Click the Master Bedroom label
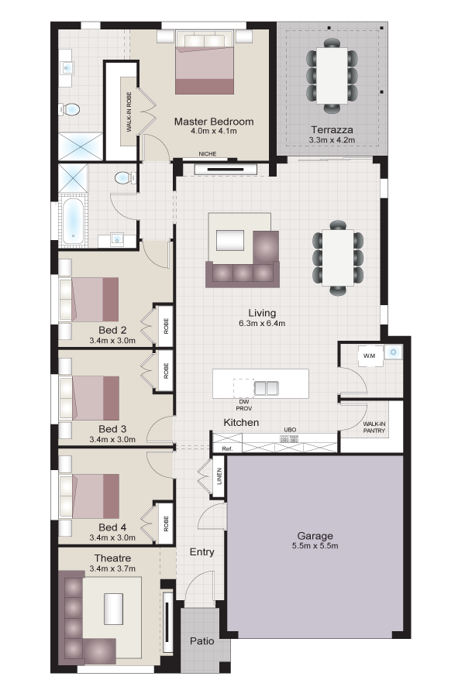tap(214, 122)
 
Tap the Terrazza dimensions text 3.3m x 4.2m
tap(332, 140)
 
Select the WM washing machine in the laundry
tap(370, 355)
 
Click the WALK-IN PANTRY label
tap(374, 427)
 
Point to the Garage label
tap(315, 536)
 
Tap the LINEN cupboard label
tap(219, 476)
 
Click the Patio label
tap(202, 641)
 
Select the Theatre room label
tap(112, 558)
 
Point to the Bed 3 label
tap(112, 429)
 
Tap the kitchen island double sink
tap(266, 388)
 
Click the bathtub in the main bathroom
tap(71, 221)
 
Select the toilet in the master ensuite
tap(69, 108)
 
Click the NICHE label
tap(208, 154)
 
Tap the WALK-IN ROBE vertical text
tap(129, 112)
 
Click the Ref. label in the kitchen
tap(227, 449)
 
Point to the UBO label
tap(290, 430)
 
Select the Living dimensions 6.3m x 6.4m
tap(262, 323)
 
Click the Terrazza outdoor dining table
tap(332, 76)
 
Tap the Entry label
tap(202, 552)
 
